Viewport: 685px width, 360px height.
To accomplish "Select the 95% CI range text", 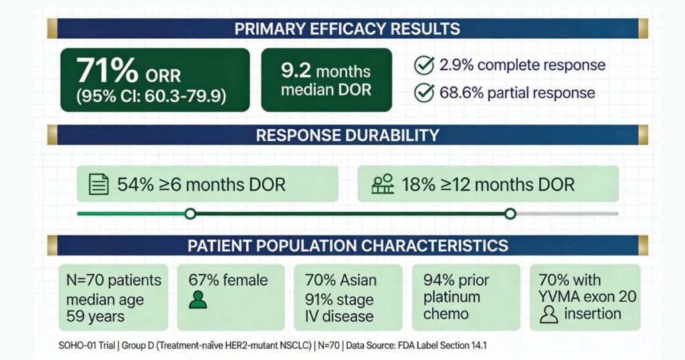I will (x=151, y=95).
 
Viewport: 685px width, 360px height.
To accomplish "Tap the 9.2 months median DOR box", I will (x=326, y=80).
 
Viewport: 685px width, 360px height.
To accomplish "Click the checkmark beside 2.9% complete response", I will (x=423, y=65).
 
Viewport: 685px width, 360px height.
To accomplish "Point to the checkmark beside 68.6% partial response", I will (x=423, y=92).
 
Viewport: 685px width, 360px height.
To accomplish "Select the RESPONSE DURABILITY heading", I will (x=347, y=134).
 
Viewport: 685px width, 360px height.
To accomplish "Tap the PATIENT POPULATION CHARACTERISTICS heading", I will (x=347, y=245).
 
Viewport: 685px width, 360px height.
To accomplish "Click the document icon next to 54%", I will (x=99, y=185).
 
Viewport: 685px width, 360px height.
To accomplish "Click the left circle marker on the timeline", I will (x=190, y=214).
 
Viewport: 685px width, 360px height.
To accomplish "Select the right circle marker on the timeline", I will (x=510, y=214).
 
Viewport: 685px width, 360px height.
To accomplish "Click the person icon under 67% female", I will (x=197, y=300).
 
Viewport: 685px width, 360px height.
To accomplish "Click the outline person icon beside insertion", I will (x=549, y=314).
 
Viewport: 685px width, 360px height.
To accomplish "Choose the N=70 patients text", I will (x=113, y=280).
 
